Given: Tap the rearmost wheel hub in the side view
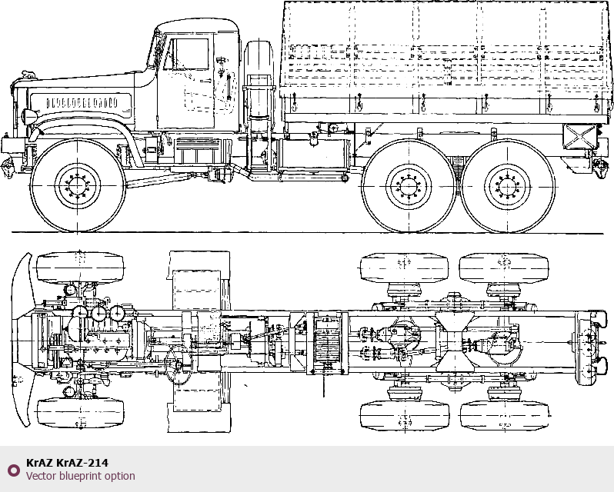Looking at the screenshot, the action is pos(508,187).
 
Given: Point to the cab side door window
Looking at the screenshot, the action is pos(191,54).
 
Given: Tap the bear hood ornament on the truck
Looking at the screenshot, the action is pos(28,74).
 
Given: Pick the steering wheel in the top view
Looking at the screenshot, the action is pos(179,366).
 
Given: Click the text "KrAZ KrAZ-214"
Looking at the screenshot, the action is pos(68,463).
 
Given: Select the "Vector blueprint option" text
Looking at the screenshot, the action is pos(81,476).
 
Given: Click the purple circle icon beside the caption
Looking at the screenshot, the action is pos(13,470).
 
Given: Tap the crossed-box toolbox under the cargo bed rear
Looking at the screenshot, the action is pos(579,137).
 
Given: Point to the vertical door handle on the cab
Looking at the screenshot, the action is pos(229,86).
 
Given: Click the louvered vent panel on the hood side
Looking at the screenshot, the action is pos(82,103).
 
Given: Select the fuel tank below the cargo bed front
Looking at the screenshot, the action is pos(312,154).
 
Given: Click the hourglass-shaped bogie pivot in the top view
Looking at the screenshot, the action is pos(454,341).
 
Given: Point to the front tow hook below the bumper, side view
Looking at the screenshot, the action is pos(7,168).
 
